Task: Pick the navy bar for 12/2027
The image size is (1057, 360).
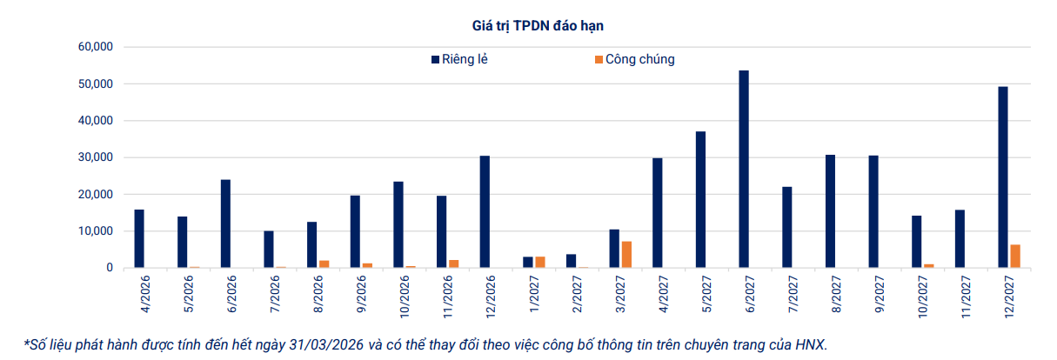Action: (1003, 177)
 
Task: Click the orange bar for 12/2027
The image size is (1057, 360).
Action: (1014, 257)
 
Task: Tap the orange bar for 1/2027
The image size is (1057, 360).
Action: (539, 263)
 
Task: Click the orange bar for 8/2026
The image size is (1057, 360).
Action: (324, 264)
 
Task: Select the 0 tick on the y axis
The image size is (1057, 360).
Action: (110, 268)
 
